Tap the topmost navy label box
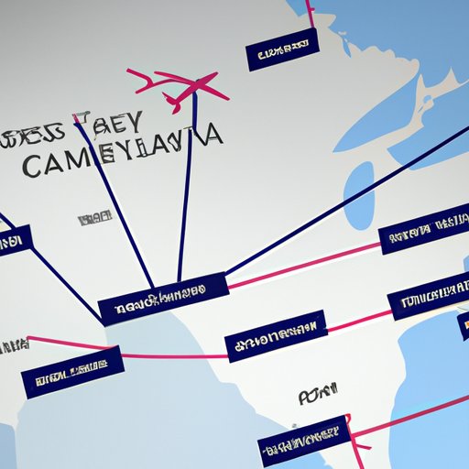click(x=282, y=51)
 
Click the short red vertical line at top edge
click(x=310, y=14)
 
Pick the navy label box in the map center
click(x=276, y=339)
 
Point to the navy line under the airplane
click(x=186, y=183)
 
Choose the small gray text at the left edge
click(x=11, y=346)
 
